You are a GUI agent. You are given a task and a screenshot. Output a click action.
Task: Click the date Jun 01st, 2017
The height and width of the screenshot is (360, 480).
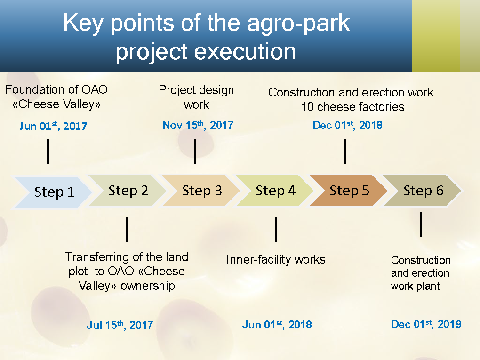click(53, 126)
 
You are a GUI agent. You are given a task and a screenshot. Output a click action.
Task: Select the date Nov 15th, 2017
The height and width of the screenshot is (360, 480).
click(198, 125)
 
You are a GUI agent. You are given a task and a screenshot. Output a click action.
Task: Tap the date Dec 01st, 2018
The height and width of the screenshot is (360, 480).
click(347, 125)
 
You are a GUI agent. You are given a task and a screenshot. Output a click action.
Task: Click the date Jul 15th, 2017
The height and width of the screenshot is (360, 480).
click(120, 325)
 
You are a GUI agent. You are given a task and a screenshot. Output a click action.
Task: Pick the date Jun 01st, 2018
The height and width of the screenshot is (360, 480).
click(277, 325)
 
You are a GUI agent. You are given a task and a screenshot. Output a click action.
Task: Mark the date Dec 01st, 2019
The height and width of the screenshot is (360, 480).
click(426, 324)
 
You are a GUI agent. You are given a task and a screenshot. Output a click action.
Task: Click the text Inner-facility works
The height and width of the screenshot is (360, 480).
click(275, 259)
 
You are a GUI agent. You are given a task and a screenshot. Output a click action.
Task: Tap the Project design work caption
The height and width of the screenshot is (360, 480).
click(196, 97)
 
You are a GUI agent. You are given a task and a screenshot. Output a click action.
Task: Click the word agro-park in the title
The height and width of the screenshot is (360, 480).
click(298, 23)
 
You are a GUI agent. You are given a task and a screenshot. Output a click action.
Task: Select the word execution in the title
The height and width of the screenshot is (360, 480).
click(245, 51)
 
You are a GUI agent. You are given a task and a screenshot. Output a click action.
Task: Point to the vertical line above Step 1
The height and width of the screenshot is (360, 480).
click(48, 152)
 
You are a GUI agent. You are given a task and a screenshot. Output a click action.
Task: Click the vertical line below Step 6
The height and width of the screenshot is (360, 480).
click(421, 224)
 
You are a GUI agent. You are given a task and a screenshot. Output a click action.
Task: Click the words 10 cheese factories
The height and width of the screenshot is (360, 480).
click(352, 107)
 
